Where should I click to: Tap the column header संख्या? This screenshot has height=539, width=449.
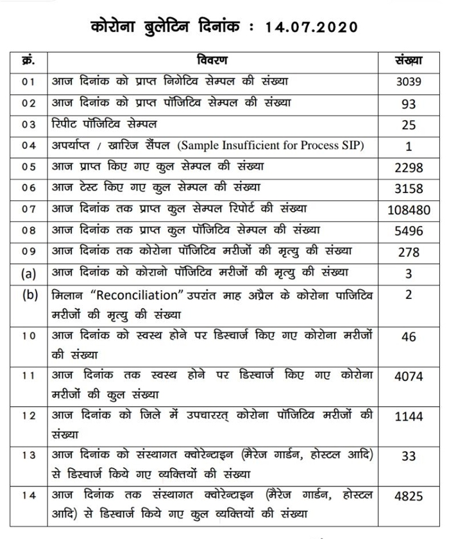pyautogui.click(x=409, y=61)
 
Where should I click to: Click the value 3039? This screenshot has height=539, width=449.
pyautogui.click(x=409, y=83)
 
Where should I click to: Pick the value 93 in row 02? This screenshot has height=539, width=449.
pyautogui.click(x=409, y=104)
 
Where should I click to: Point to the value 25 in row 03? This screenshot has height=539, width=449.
pyautogui.click(x=409, y=125)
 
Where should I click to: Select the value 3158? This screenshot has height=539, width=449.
pyautogui.click(x=409, y=189)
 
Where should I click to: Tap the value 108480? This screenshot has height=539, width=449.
pyautogui.click(x=409, y=210)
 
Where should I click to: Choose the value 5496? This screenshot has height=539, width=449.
pyautogui.click(x=409, y=231)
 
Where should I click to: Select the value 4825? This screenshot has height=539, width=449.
pyautogui.click(x=409, y=496)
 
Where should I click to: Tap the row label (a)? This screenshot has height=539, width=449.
pyautogui.click(x=28, y=274)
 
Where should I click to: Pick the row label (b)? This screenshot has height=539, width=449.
pyautogui.click(x=28, y=296)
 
